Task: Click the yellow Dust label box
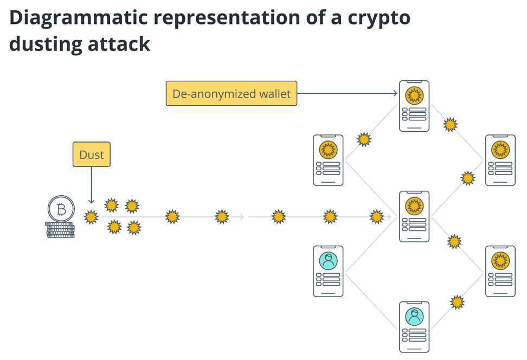91,155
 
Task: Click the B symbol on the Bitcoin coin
61,209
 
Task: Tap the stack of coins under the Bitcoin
60,230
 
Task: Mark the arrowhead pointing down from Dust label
91,201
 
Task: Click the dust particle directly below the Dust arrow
91,217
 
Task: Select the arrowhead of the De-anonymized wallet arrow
395,93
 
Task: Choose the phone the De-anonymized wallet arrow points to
414,106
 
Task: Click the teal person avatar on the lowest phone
415,316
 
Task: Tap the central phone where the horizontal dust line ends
414,216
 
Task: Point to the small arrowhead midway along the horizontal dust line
242,217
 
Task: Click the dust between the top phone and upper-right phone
450,125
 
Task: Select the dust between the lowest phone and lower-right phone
458,302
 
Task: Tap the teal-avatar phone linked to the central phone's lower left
328,271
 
